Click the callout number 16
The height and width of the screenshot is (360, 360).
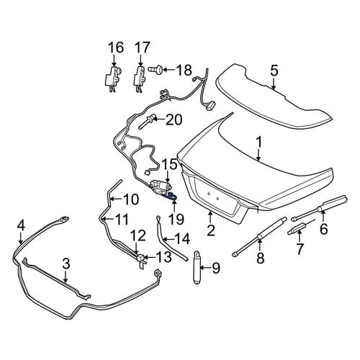tap(117, 48)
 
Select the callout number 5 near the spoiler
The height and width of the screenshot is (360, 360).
tap(274, 71)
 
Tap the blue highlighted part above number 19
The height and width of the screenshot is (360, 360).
tap(172, 197)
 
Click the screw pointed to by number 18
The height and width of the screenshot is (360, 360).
tap(156, 70)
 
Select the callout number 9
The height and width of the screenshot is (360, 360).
tap(215, 268)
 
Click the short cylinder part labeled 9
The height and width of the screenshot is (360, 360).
tap(197, 267)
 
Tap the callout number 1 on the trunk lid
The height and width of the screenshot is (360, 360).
tap(259, 143)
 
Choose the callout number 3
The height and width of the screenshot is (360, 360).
tap(66, 264)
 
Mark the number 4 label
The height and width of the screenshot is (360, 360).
tap(21, 226)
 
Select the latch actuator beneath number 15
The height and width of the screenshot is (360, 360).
tap(161, 187)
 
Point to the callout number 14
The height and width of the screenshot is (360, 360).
tap(182, 239)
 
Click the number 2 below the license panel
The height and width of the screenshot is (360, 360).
tap(210, 230)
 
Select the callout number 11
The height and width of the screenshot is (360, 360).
tap(122, 219)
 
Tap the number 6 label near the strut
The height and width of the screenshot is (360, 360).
tap(323, 229)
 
